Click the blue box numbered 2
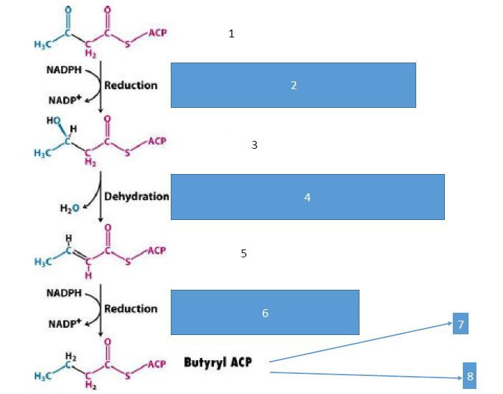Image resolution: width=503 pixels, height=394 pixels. tap(293, 85)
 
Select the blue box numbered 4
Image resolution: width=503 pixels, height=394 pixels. tap(307, 196)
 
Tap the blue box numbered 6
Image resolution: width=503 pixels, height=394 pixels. tap(265, 313)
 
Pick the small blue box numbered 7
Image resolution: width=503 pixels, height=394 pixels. tap(461, 324)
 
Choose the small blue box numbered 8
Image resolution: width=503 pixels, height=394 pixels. tap(469, 375)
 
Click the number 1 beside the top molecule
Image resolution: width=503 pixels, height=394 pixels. tap(231, 34)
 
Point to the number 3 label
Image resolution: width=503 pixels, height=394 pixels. tap(254, 145)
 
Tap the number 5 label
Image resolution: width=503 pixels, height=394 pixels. tap(244, 254)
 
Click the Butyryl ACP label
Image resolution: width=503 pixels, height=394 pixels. tap(222, 362)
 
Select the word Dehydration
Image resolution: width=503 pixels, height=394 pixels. tap(136, 196)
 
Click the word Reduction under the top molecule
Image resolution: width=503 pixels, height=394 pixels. tap(131, 85)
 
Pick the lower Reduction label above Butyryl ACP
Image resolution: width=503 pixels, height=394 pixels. tap(131, 308)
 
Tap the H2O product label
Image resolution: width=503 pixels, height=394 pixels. tap(70, 209)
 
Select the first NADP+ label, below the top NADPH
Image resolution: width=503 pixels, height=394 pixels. tap(64, 100)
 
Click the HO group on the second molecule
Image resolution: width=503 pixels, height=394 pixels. tap(55, 121)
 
